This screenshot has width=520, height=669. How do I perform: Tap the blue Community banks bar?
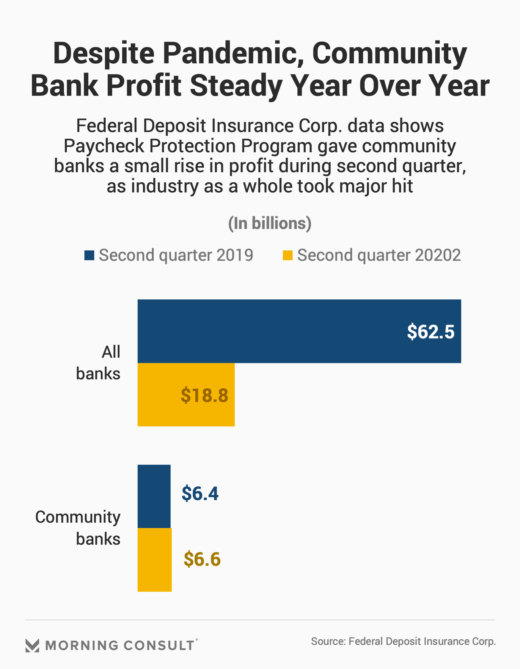[154, 496]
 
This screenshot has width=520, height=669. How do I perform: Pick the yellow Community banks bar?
[154, 560]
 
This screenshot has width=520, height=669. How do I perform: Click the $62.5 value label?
[431, 331]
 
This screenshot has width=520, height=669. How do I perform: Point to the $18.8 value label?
[204, 395]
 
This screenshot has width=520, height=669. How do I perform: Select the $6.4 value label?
[200, 493]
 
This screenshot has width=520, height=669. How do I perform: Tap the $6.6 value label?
[202, 559]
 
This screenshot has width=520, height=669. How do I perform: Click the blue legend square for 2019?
[89, 255]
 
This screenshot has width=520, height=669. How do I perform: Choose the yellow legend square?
[288, 255]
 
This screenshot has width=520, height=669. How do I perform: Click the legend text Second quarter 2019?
[176, 255]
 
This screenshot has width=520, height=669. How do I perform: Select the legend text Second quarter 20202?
[379, 255]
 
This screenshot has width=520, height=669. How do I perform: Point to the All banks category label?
[99, 363]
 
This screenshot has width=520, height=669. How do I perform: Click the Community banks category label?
[78, 527]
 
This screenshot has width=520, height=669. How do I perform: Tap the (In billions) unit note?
[270, 223]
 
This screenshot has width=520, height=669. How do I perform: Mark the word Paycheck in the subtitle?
[104, 146]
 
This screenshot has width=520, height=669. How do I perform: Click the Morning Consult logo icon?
[32, 646]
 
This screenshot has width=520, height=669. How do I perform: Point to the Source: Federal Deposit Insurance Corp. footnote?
[403, 641]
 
